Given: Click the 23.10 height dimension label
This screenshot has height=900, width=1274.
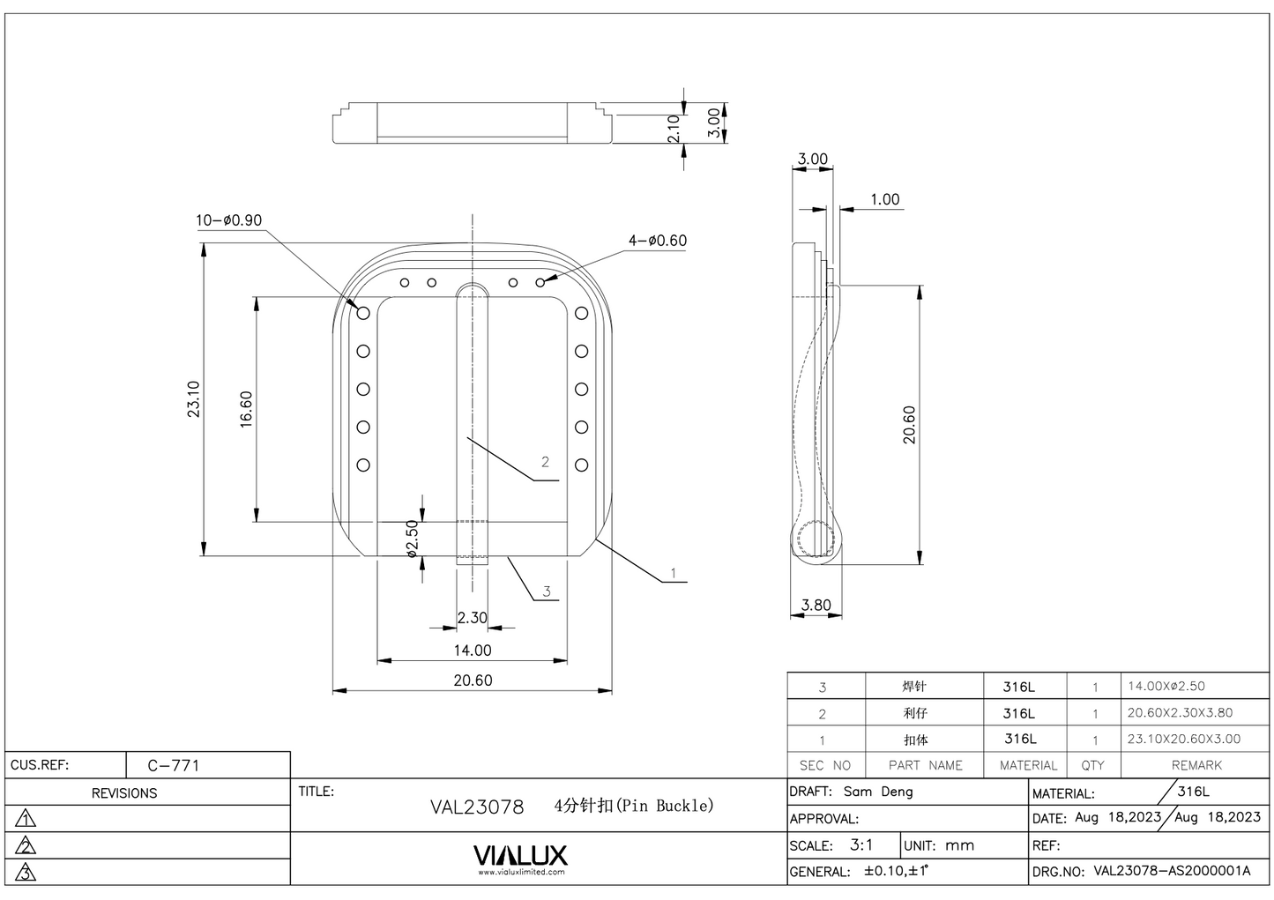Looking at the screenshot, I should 194,398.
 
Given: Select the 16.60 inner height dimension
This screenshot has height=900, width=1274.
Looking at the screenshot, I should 246,409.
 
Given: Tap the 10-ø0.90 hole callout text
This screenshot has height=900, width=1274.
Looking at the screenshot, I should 228,220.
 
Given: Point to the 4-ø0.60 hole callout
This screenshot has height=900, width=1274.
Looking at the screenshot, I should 657,241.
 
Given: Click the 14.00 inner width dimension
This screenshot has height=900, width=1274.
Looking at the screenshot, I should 473,651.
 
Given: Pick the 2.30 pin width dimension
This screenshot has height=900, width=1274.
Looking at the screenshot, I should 472,618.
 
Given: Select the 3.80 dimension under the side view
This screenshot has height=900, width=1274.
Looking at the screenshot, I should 816,606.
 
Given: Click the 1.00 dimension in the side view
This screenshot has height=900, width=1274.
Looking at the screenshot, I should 884,199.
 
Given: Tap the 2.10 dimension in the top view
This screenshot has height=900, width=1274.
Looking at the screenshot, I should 674,129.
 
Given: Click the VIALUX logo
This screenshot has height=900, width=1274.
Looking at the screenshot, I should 520,856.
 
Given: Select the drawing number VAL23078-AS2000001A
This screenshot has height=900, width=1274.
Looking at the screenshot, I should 1172,871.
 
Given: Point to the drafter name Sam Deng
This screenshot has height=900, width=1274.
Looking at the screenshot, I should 878,792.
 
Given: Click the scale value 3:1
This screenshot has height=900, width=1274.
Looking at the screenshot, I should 861,844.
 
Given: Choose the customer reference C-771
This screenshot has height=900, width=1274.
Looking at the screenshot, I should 174,765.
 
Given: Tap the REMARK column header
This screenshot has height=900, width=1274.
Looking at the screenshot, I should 1196,765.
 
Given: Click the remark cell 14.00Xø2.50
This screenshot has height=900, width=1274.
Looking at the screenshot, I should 1166,686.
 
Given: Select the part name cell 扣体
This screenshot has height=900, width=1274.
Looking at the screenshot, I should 915,740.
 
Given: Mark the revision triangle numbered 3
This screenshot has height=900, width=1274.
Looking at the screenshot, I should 26,873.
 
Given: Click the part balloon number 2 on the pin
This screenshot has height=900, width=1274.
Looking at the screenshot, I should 545,462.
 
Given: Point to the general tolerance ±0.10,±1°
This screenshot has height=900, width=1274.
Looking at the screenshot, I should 897,871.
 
